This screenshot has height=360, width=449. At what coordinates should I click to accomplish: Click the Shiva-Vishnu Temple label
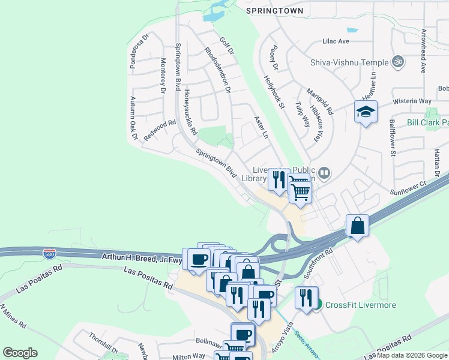click(x=349, y=61)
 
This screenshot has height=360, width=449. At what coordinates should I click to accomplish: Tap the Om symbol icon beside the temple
click(x=397, y=61)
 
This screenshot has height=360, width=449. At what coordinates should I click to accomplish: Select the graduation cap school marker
click(x=366, y=112)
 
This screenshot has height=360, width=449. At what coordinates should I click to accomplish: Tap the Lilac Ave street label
click(x=336, y=41)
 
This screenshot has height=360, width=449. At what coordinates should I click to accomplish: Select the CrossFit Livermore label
click(x=360, y=305)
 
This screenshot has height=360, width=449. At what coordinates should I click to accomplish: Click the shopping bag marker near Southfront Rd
click(x=357, y=226)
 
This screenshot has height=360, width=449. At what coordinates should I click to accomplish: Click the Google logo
click(x=20, y=353)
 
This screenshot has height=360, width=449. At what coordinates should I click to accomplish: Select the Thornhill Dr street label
click(x=103, y=343)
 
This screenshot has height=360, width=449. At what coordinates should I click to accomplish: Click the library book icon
click(x=324, y=173)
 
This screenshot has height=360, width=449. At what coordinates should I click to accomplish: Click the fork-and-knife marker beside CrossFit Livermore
click(x=306, y=298)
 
